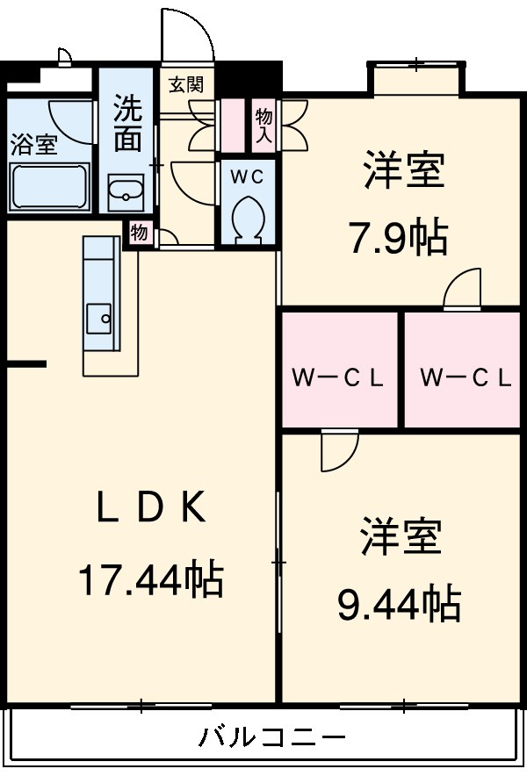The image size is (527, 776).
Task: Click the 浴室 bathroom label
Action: pos(33,145)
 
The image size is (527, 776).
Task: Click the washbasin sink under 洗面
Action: pos(126,192)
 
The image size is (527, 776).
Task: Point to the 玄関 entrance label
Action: pos(186,85)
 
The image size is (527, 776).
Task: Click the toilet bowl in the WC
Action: pos(247,217)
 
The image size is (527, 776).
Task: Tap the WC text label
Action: pos(247,176)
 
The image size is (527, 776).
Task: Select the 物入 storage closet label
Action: pos(263,124)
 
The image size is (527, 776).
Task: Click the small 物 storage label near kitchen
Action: pos(139,234)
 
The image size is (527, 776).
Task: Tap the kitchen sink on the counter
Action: pos(98,315)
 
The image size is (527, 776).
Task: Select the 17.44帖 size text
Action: pos(151,580)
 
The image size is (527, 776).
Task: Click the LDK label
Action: pos(151,508)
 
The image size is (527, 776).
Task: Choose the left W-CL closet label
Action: pos(339,378)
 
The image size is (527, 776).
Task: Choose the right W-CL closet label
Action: pos(466,378)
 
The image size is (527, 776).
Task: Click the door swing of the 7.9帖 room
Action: pos(464,290)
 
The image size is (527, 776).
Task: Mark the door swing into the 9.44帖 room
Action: pos(337,449)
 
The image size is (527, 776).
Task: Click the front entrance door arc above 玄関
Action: pos(186,40)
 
